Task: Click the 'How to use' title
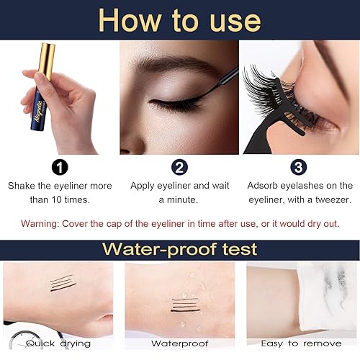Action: coord(179,19)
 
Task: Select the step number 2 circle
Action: coord(179,166)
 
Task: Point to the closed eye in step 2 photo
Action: coord(173,104)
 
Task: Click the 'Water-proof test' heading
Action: coord(179,249)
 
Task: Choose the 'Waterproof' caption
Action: coord(179,343)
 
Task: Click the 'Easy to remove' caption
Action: coord(300,343)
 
